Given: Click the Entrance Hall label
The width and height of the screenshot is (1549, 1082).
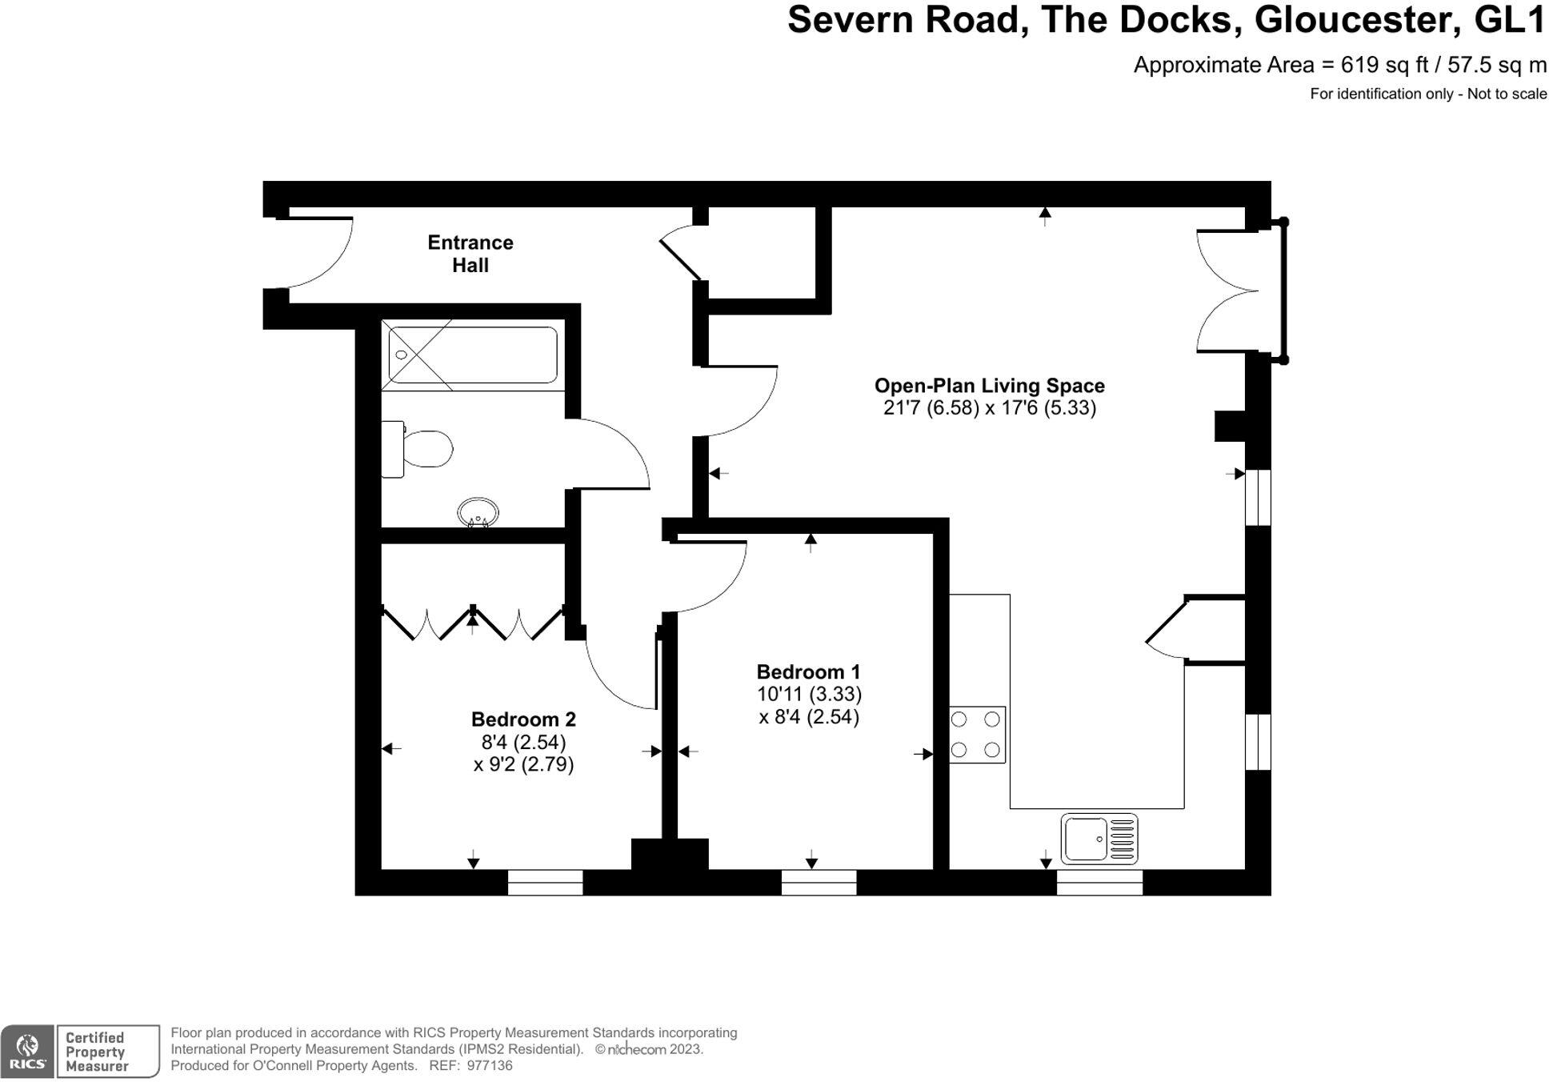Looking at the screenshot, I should click(470, 254).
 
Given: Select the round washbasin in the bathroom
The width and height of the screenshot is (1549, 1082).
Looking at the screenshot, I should click(478, 512).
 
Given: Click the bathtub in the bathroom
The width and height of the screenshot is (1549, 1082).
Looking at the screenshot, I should click(472, 355).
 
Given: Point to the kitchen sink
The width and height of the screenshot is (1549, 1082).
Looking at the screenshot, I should click(1099, 838).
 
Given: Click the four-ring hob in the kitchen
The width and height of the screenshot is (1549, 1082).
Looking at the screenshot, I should click(976, 735).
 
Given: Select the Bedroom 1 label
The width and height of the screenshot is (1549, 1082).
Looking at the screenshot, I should click(808, 671).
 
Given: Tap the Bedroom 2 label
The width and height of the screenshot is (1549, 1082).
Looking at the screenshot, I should click(523, 719).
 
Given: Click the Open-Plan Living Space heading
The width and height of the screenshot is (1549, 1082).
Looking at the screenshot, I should click(989, 386).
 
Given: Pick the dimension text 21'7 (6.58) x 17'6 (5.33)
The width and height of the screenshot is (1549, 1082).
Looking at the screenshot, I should click(989, 408).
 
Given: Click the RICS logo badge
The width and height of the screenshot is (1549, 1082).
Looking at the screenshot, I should click(27, 1051).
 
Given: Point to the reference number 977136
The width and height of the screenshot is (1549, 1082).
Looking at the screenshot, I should click(489, 1066).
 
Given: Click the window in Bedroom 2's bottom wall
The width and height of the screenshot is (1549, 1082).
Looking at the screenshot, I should click(545, 882).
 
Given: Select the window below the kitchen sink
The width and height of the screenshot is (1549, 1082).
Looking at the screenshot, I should click(1099, 882).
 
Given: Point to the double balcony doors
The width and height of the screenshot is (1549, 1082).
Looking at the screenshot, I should click(1228, 291).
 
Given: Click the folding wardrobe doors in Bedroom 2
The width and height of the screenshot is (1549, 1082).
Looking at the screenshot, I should click(473, 624).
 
